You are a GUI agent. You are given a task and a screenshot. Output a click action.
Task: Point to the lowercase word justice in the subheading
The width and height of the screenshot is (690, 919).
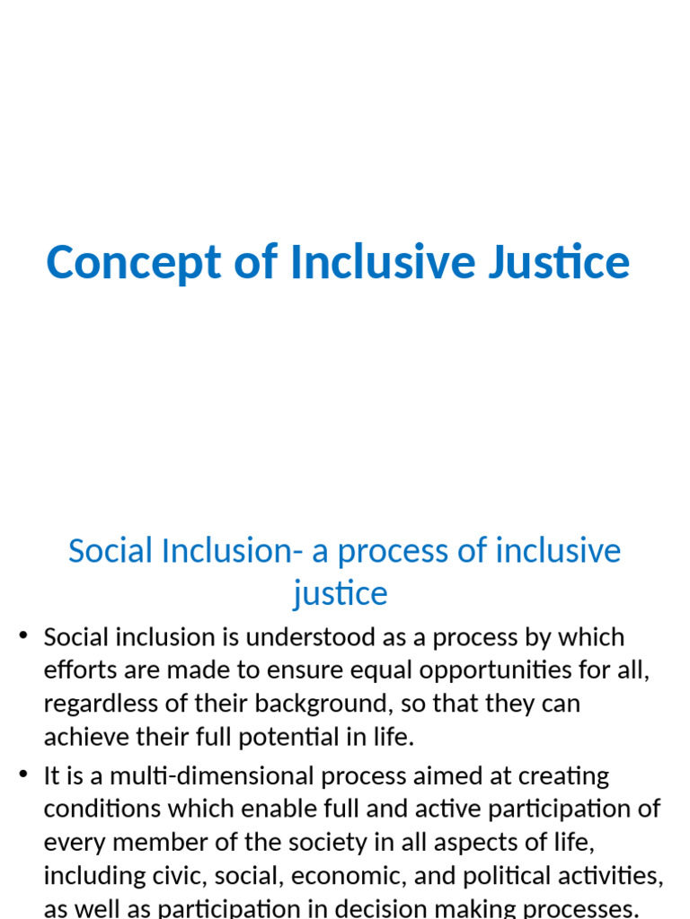click(341, 593)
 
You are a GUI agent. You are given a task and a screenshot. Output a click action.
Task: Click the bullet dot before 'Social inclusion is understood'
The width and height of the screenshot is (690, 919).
click(24, 637)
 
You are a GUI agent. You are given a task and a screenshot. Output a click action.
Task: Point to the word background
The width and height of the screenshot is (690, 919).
click(316, 704)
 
